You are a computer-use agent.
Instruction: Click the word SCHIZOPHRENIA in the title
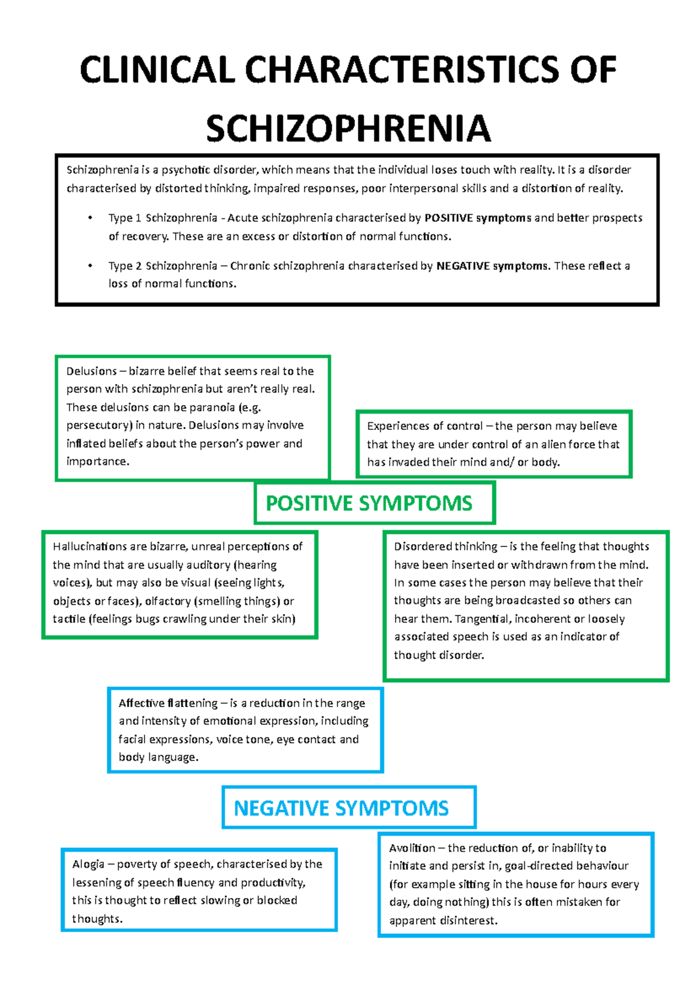pos(348,129)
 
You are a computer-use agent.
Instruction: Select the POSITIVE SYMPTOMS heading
pos(369,503)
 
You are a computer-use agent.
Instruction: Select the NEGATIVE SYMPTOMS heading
pos(341,807)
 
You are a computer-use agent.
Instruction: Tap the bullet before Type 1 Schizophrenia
pos(90,218)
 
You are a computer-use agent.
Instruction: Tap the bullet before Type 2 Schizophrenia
pos(90,266)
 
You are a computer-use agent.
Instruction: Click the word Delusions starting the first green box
pos(91,371)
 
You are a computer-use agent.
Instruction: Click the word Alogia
pos(88,864)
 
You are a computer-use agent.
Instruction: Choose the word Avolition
pos(412,848)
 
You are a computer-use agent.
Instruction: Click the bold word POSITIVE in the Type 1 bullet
pos(449,218)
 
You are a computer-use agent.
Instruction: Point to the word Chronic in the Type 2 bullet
pos(249,266)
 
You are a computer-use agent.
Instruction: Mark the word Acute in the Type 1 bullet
pos(243,218)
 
